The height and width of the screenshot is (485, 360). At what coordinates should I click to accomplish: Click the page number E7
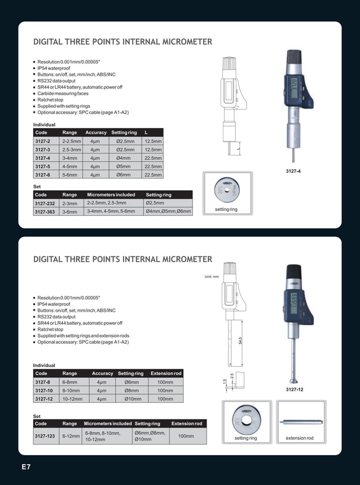coord(26,467)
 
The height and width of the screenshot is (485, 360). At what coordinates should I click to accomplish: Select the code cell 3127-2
coord(43,141)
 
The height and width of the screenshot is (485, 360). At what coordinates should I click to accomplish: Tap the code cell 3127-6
coord(43,175)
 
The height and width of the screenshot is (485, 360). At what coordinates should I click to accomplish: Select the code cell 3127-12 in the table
coord(44,399)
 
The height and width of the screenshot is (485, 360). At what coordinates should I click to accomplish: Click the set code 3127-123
coord(46,436)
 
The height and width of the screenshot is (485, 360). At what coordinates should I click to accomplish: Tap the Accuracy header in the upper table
coord(96,132)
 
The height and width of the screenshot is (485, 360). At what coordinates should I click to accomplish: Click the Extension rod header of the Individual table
coord(166,373)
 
